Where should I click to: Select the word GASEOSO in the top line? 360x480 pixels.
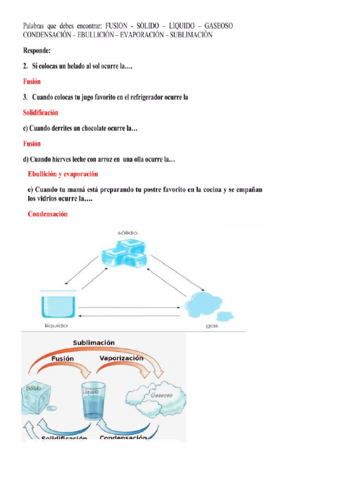click(218, 26)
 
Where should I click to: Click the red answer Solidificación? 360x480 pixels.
click(41, 112)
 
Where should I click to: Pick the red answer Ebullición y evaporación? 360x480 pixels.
click(63, 174)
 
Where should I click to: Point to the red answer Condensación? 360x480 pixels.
click(47, 214)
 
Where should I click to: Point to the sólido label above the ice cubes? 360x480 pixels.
click(127, 232)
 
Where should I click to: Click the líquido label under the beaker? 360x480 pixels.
click(56, 325)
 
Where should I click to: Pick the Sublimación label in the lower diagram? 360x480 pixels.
click(94, 343)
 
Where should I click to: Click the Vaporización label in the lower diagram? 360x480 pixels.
click(121, 358)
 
